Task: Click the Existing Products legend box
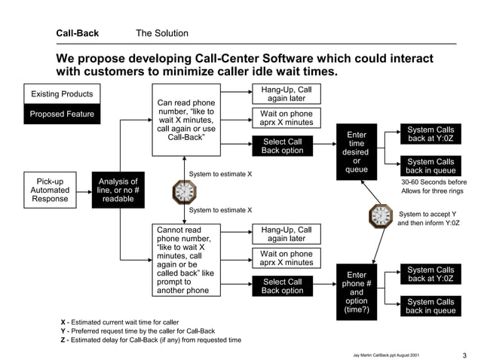(x=62, y=94)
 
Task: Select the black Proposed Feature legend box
(x=62, y=114)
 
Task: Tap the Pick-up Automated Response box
(x=51, y=190)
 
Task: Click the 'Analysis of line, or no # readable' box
(x=118, y=190)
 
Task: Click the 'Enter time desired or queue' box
(x=356, y=152)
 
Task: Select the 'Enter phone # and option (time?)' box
(x=356, y=292)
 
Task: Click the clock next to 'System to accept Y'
(x=381, y=217)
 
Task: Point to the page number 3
(x=464, y=355)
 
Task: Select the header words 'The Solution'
(x=161, y=33)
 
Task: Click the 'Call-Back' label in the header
(x=77, y=33)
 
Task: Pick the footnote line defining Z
(x=151, y=340)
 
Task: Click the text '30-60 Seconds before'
(x=434, y=182)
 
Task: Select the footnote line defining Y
(x=138, y=331)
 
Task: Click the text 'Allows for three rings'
(x=433, y=194)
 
